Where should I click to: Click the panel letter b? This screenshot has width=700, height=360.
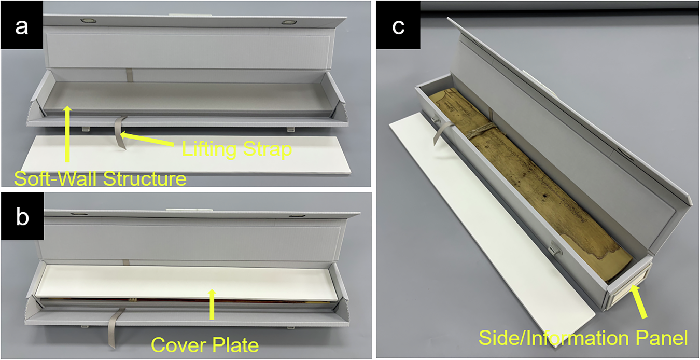point(21,218)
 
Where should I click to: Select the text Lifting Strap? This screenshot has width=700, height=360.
point(237,149)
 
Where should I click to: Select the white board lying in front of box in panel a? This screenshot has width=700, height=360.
point(197,158)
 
